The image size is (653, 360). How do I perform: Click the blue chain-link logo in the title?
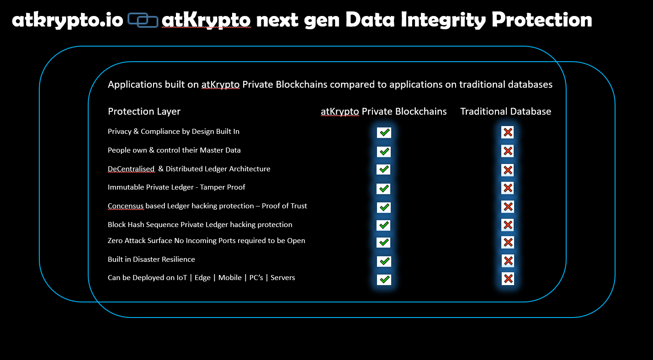pyautogui.click(x=143, y=20)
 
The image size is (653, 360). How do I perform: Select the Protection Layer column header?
pyautogui.click(x=144, y=111)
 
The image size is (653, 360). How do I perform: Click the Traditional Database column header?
pyautogui.click(x=505, y=111)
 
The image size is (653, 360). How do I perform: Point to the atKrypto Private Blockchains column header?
pyautogui.click(x=384, y=111)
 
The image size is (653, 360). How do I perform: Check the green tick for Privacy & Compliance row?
pyautogui.click(x=384, y=132)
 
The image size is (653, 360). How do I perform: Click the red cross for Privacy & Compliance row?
pyautogui.click(x=508, y=132)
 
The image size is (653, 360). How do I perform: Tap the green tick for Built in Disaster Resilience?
pyautogui.click(x=384, y=261)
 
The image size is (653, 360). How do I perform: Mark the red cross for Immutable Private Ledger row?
pyautogui.click(x=508, y=188)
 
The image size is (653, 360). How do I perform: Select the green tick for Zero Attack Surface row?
pyautogui.click(x=383, y=242)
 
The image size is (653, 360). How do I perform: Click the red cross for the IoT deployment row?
pyautogui.click(x=508, y=279)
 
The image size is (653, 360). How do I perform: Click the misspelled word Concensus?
pyautogui.click(x=126, y=206)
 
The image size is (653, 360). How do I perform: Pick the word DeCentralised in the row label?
pyautogui.click(x=131, y=169)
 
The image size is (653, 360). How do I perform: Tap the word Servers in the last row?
pyautogui.click(x=282, y=277)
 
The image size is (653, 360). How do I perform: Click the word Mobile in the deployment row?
pyautogui.click(x=230, y=277)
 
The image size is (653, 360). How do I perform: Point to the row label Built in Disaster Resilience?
pyautogui.click(x=151, y=259)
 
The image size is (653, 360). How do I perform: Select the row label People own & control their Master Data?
pyautogui.click(x=174, y=150)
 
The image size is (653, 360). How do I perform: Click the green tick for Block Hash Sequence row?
pyautogui.click(x=383, y=225)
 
